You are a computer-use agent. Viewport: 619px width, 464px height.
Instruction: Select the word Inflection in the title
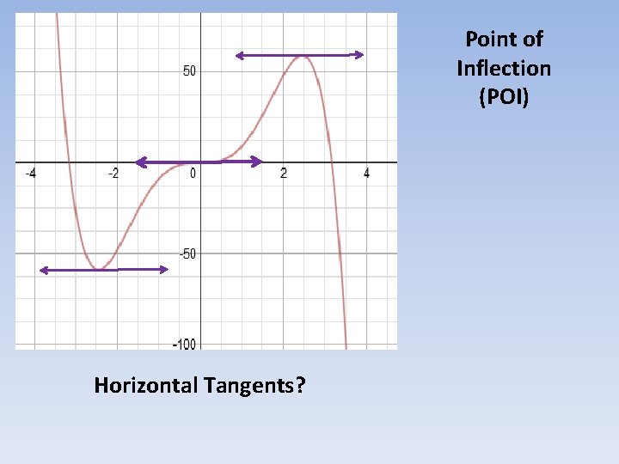[x=504, y=68]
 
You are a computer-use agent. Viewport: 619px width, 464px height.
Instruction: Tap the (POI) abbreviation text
[x=504, y=97]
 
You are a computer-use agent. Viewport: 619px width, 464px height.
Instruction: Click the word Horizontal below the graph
[x=146, y=385]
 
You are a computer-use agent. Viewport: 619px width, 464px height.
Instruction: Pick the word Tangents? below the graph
[x=255, y=386]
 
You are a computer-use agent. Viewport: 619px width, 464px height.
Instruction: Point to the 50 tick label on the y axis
[x=189, y=70]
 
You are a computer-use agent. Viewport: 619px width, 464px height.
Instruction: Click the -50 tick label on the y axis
[x=187, y=253]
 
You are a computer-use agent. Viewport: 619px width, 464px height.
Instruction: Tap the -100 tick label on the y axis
[x=183, y=344]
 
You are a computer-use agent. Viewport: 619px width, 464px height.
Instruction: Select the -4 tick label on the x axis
[x=30, y=174]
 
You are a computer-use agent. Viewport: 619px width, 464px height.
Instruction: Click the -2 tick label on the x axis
[x=113, y=174]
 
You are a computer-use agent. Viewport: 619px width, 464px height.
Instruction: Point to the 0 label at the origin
[x=193, y=174]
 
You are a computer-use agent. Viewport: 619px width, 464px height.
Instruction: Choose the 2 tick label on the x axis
[x=284, y=174]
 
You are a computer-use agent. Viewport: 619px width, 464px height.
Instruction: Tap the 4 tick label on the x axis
[x=367, y=174]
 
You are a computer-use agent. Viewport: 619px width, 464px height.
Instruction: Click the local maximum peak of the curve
[x=302, y=57]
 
